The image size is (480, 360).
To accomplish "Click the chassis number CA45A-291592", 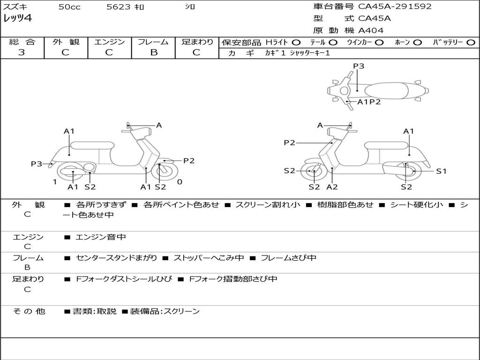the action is (395, 7).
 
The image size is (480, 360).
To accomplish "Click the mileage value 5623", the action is (119, 7).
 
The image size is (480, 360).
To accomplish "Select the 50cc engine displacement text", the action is (69, 7).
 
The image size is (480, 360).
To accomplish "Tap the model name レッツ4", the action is (17, 19).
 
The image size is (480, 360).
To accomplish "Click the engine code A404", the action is (371, 30).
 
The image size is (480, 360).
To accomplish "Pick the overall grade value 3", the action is (22, 52).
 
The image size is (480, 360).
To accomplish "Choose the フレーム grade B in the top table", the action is (153, 52).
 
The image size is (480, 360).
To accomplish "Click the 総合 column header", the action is (22, 42).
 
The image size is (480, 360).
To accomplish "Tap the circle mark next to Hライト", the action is (296, 43).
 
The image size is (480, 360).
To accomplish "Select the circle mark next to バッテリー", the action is (471, 43).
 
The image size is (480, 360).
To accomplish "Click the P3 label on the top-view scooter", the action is (359, 66).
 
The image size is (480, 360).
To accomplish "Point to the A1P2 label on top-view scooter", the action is (369, 102).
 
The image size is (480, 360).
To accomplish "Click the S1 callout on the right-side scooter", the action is (441, 171).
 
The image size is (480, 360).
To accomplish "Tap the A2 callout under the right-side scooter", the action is (332, 187).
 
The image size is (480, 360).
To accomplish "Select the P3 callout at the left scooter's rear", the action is (37, 164).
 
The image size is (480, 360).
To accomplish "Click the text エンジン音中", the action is (101, 237).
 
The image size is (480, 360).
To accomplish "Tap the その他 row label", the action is (29, 311).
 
